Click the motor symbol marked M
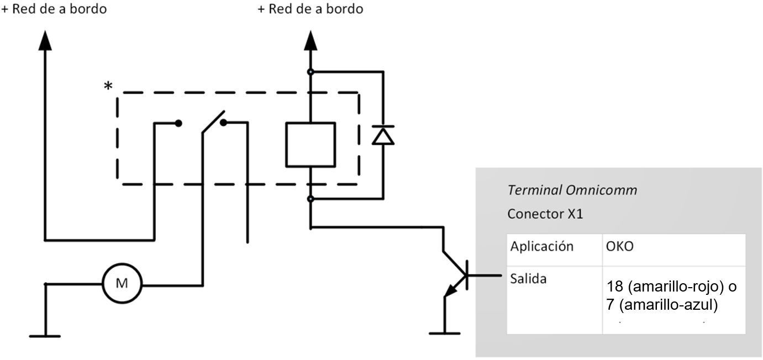(x=122, y=284)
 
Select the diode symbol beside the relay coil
(x=383, y=135)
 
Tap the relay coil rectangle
(x=310, y=145)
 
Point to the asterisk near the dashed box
(x=108, y=86)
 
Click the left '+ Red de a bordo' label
(x=54, y=9)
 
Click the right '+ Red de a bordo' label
(x=310, y=9)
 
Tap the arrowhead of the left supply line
(x=45, y=42)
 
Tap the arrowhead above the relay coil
(x=310, y=42)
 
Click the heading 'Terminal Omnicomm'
(x=572, y=190)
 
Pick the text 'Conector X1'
(x=545, y=214)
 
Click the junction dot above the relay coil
(x=311, y=71)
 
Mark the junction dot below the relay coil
(x=311, y=198)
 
